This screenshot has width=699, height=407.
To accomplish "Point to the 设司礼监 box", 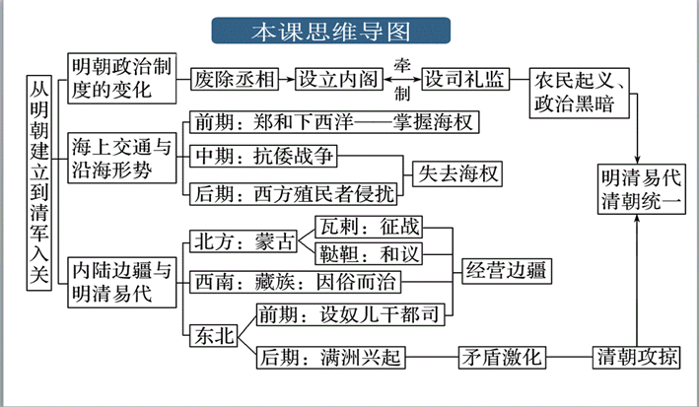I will click(464, 78).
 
